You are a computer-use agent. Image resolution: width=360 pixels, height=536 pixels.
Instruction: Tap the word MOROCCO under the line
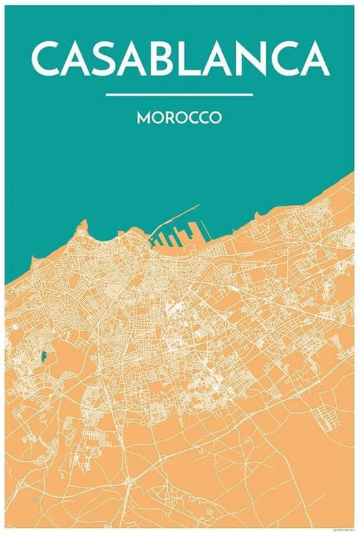(180, 117)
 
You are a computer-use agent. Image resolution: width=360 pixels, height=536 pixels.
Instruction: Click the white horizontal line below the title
(180, 94)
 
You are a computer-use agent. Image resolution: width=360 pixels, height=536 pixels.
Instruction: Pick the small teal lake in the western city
(44, 355)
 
